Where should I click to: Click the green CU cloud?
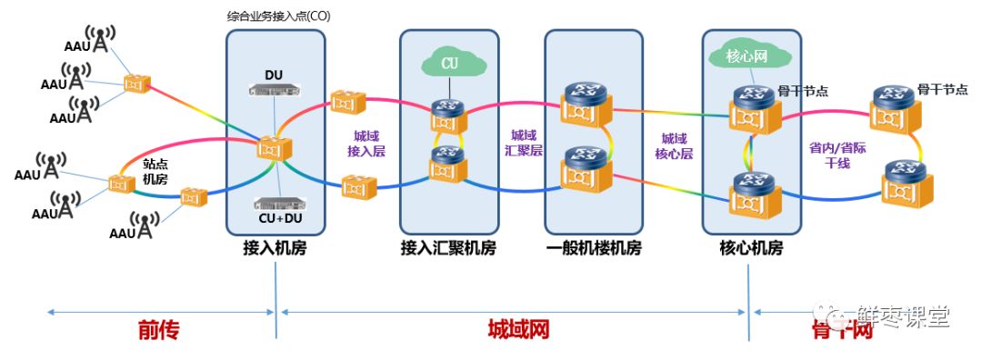coord(448,64)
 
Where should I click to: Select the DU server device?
coord(274,89)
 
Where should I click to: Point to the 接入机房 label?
coord(275,247)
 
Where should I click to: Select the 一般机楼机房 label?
coord(593,247)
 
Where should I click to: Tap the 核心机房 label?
coord(751,247)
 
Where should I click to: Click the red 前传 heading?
coord(158,330)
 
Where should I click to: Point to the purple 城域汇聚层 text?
coord(524,144)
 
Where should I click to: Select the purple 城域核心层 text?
coord(675,145)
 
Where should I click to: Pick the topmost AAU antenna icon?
coord(102,41)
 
